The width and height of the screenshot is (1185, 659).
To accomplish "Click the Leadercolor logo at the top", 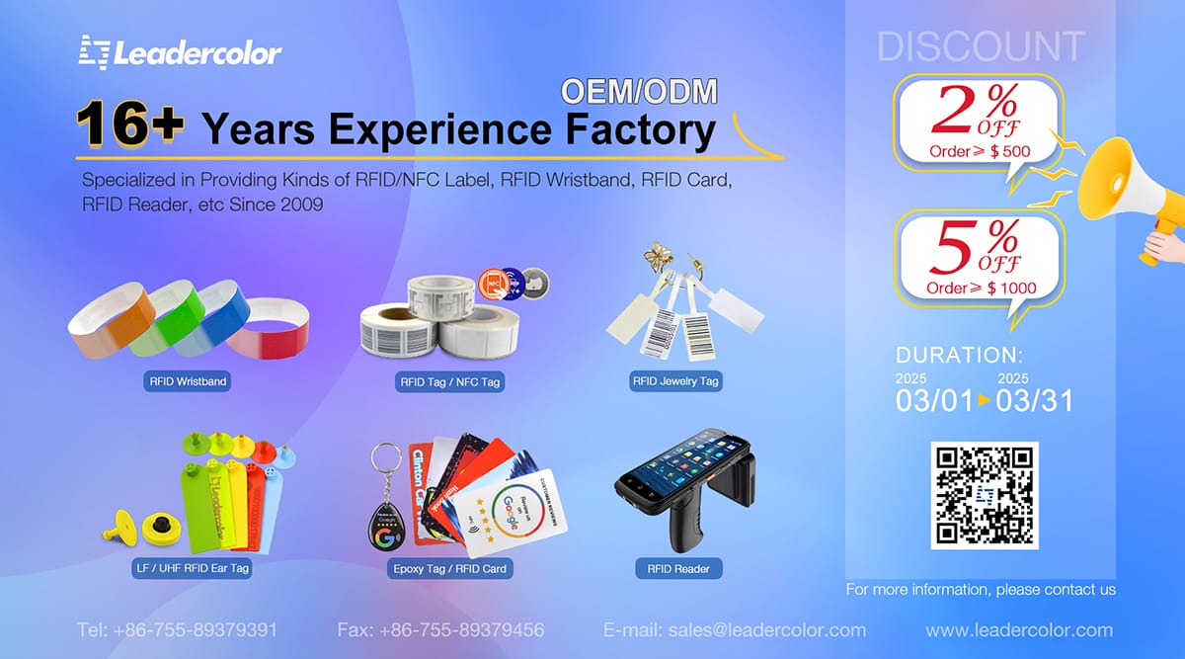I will (x=181, y=51).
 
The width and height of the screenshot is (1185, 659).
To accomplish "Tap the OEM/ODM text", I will (x=639, y=91).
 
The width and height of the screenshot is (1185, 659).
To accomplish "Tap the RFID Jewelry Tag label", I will (x=674, y=380).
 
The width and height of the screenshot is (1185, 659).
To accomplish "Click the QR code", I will (x=984, y=495).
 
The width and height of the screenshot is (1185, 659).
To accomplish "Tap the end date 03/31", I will (x=1034, y=401).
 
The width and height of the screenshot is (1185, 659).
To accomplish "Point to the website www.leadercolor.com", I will (x=1019, y=629).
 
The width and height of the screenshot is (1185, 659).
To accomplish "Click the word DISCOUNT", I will (x=981, y=47).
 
